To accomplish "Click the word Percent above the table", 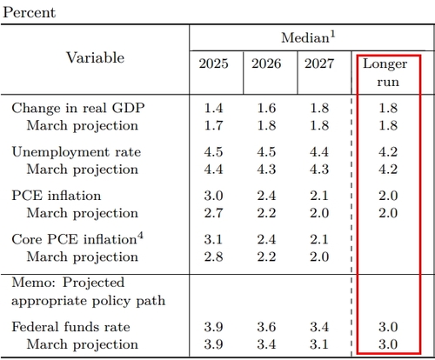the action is [x=29, y=12].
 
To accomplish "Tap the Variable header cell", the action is [x=96, y=57].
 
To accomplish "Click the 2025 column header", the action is [x=214, y=63].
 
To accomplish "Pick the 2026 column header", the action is [x=266, y=63].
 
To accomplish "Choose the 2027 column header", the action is [x=319, y=63].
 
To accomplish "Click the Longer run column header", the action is [x=385, y=72].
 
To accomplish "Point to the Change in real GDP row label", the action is [x=78, y=108].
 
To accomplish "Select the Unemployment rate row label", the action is [x=77, y=152].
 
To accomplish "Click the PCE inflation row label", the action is [x=57, y=196].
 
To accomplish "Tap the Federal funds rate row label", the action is [x=70, y=327].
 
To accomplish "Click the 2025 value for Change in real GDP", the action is [x=213, y=108].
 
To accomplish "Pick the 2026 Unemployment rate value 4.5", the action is [x=266, y=152].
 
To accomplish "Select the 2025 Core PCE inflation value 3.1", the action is [x=213, y=239].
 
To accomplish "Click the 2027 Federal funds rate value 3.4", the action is [x=319, y=327].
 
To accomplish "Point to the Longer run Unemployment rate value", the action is [x=388, y=152].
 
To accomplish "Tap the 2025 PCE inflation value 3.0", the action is [x=213, y=196].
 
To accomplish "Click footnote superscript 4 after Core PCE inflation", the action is [x=140, y=236].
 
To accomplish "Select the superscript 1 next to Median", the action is [x=332, y=35].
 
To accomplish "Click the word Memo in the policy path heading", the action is [x=33, y=282].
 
